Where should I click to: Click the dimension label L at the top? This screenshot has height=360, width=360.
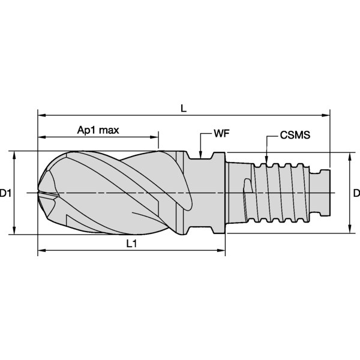184,108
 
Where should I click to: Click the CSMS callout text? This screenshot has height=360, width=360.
295,135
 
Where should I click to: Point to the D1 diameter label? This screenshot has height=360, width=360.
6,193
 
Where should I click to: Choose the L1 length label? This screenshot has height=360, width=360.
132,243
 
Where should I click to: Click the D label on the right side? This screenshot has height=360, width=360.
356,193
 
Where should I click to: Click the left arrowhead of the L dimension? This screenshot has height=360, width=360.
41,113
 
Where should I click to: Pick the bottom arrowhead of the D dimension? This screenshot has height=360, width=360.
350,229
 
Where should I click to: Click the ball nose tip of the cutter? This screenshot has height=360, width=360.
40,193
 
